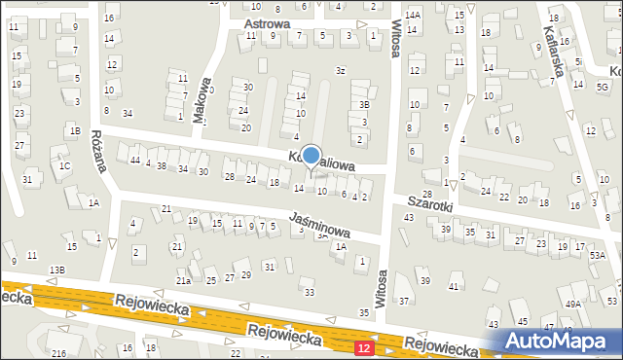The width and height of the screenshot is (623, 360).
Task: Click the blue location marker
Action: tap(311, 155)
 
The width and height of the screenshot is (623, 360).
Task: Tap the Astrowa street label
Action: tap(267, 22)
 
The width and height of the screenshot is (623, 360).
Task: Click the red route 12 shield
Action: tap(363, 347)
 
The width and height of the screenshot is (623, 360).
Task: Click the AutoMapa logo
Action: tap(560, 341)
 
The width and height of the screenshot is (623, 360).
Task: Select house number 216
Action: tap(58, 353)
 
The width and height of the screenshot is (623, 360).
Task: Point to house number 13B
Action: tap(57, 269)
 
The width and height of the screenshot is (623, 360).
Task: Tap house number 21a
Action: tap(183, 281)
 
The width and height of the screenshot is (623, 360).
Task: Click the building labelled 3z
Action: tap(341, 70)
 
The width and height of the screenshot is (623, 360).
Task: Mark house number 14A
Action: tap(413, 16)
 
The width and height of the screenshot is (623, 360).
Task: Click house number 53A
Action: tap(597, 255)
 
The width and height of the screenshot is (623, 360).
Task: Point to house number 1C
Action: tap(64, 166)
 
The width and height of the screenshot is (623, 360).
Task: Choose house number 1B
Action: tap(74, 130)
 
